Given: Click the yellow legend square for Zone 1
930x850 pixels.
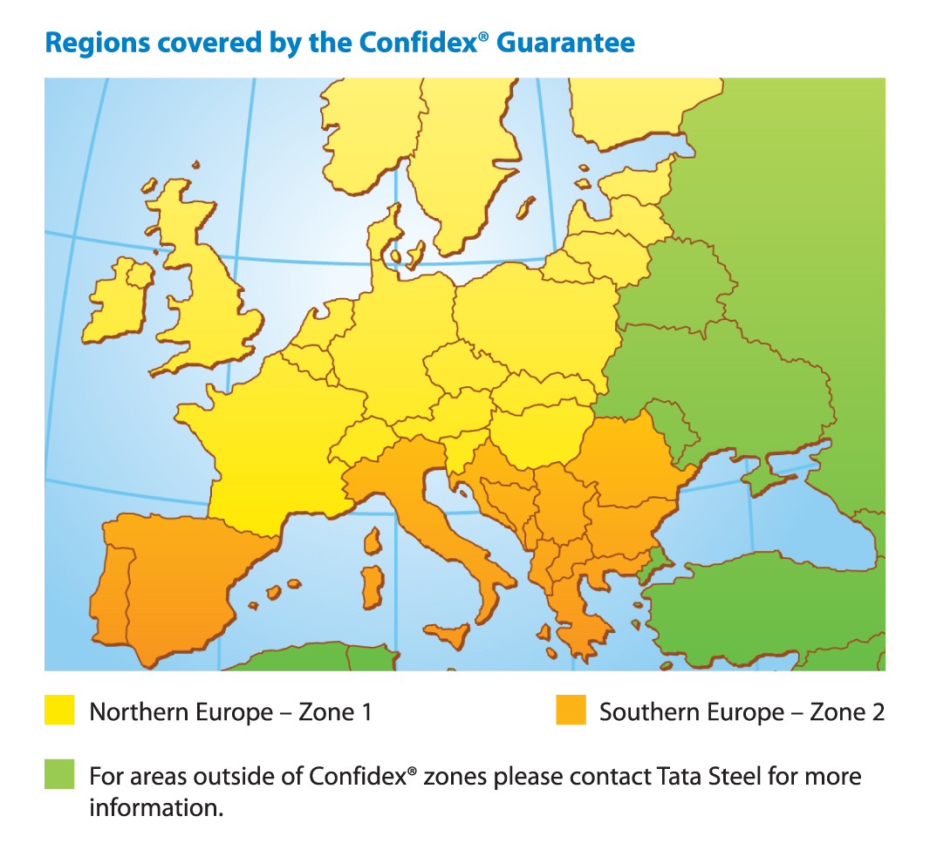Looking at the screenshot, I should point(59,711).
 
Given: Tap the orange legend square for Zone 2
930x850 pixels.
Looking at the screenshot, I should point(570,711).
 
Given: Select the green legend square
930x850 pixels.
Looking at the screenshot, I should point(59,774).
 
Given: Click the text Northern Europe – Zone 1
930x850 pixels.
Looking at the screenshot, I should point(231,712).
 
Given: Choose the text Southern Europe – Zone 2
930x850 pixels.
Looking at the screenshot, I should point(742,712).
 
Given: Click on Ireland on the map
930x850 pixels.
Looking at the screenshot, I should point(118,301).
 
